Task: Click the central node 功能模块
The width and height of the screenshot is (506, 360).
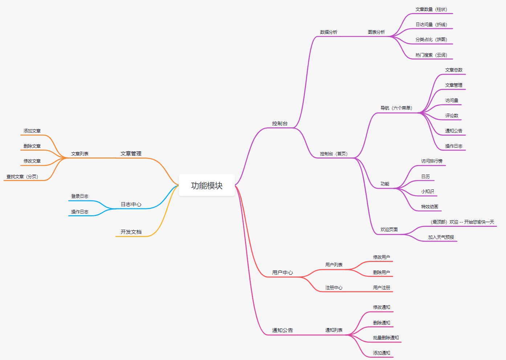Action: click(x=207, y=185)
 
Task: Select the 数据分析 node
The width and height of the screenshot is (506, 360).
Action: click(x=329, y=32)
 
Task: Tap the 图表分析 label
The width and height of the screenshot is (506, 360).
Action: click(x=376, y=32)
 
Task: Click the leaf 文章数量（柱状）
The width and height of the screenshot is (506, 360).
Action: click(x=431, y=9)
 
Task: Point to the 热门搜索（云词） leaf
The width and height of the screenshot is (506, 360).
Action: click(x=431, y=55)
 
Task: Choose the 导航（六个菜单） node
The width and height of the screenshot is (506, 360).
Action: click(x=396, y=108)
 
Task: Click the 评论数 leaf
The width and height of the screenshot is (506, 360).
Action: click(x=452, y=116)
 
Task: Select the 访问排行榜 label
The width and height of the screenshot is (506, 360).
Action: click(x=432, y=161)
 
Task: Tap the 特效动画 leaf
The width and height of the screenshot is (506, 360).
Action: click(x=429, y=207)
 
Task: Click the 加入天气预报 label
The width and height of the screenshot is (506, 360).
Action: click(x=441, y=237)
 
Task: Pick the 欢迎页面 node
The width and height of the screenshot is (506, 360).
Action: click(x=389, y=230)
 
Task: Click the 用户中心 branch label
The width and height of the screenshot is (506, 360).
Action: click(x=282, y=273)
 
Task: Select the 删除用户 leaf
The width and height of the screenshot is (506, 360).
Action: click(x=381, y=273)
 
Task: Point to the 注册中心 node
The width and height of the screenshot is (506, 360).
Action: click(x=334, y=288)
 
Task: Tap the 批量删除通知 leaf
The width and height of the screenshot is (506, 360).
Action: click(x=386, y=338)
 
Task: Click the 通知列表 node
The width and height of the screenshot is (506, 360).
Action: click(x=334, y=330)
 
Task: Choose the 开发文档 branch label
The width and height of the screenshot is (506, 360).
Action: click(x=131, y=232)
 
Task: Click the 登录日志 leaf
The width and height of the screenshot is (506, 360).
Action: click(x=79, y=196)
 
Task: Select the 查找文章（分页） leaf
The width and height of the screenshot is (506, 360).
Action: click(x=22, y=177)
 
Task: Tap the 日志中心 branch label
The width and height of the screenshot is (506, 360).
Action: click(x=131, y=204)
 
